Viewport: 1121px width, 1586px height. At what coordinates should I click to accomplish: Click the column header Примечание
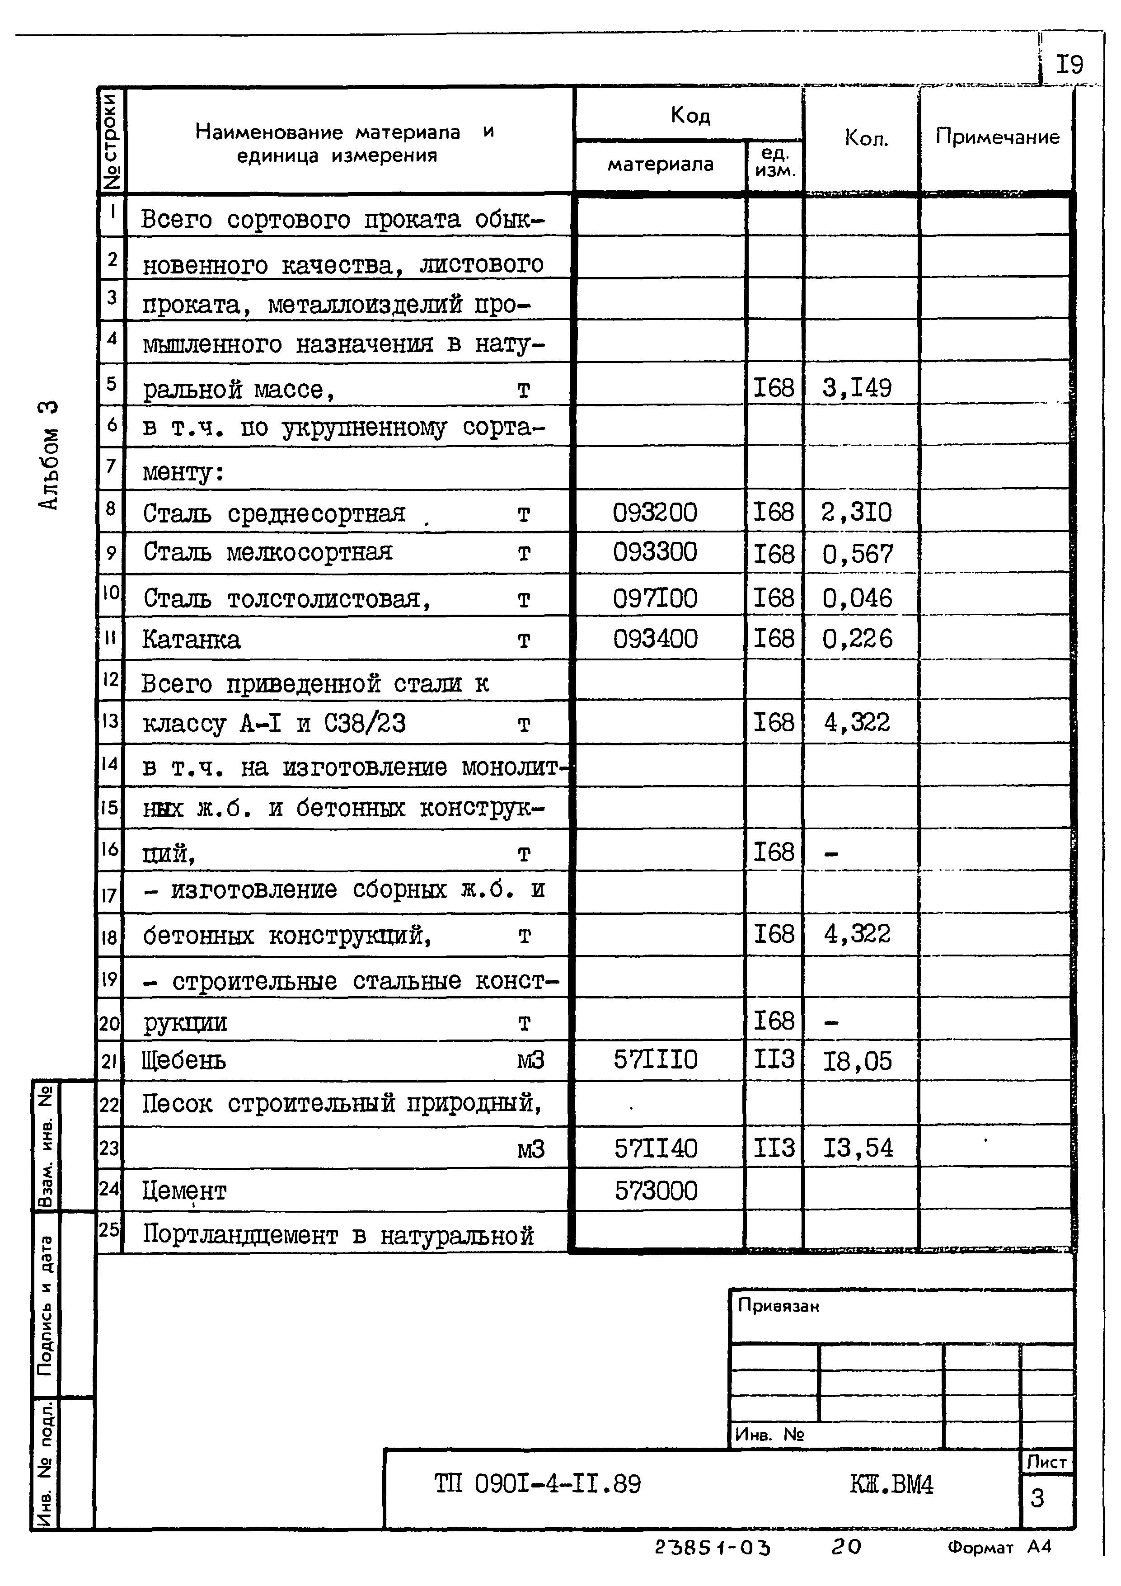(997, 137)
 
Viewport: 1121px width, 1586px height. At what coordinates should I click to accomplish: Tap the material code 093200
(655, 513)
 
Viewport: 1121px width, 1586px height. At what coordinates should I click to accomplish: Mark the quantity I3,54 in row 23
(858, 1148)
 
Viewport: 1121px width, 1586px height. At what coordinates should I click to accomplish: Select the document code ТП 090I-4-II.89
(537, 1484)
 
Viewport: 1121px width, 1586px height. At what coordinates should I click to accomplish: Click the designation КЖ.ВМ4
(891, 1484)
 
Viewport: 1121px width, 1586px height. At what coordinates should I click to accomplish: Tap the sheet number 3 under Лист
(1037, 1497)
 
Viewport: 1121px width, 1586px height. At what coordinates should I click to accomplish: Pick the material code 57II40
(656, 1148)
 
